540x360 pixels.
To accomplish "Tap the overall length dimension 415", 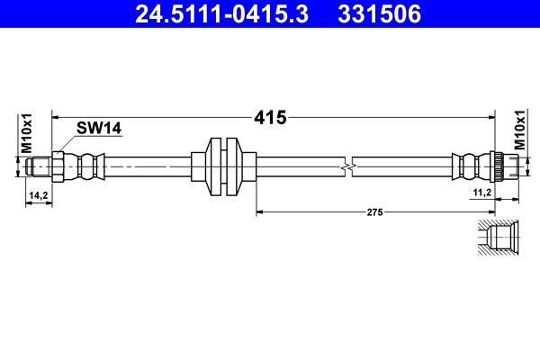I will (x=270, y=117).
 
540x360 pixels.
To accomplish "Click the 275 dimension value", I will (x=375, y=211).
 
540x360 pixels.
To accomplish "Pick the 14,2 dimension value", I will (x=38, y=194).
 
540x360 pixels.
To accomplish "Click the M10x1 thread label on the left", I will (x=27, y=133).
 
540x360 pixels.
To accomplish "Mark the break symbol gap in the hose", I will (x=348, y=166).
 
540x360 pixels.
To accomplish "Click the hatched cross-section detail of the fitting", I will (x=498, y=238).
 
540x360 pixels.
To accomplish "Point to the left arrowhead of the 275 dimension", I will (x=262, y=211).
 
